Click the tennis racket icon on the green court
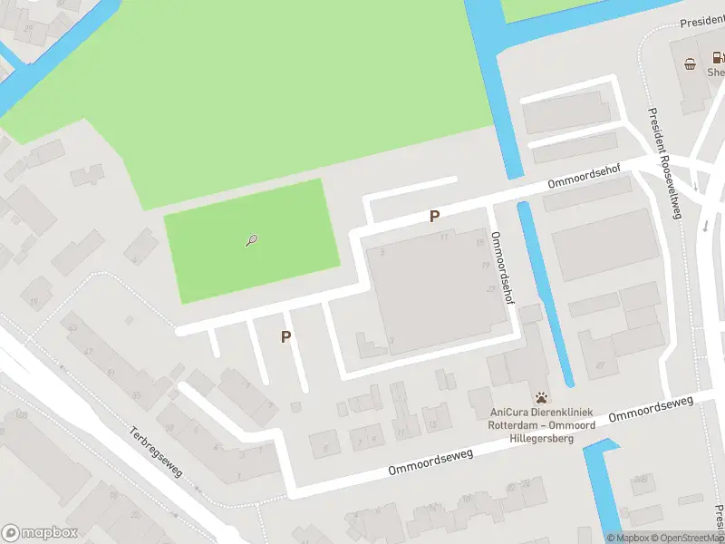253,240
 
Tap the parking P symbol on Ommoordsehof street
435,216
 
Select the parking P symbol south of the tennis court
286,336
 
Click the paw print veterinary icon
542,396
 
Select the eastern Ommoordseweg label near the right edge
651,407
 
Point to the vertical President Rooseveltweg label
664,163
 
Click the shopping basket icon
691,63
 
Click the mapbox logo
40,532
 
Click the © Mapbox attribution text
627,538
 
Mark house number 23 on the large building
490,288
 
